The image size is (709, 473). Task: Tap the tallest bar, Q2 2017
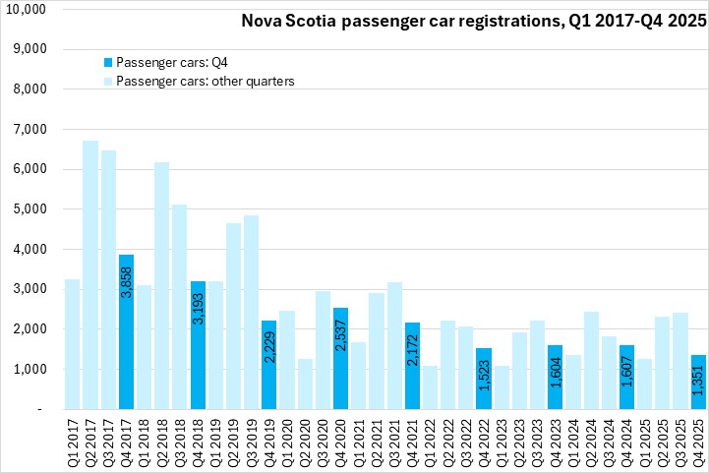tap(89, 274)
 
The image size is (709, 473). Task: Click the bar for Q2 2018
tap(161, 285)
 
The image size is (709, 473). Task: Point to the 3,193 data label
tap(198, 307)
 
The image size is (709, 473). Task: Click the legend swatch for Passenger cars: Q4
tap(106, 61)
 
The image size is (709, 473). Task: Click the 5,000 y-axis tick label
tap(39, 208)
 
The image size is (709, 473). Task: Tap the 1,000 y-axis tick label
tap(39, 369)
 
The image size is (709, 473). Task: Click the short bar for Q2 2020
tap(305, 384)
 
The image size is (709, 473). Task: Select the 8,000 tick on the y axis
tap(39, 89)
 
